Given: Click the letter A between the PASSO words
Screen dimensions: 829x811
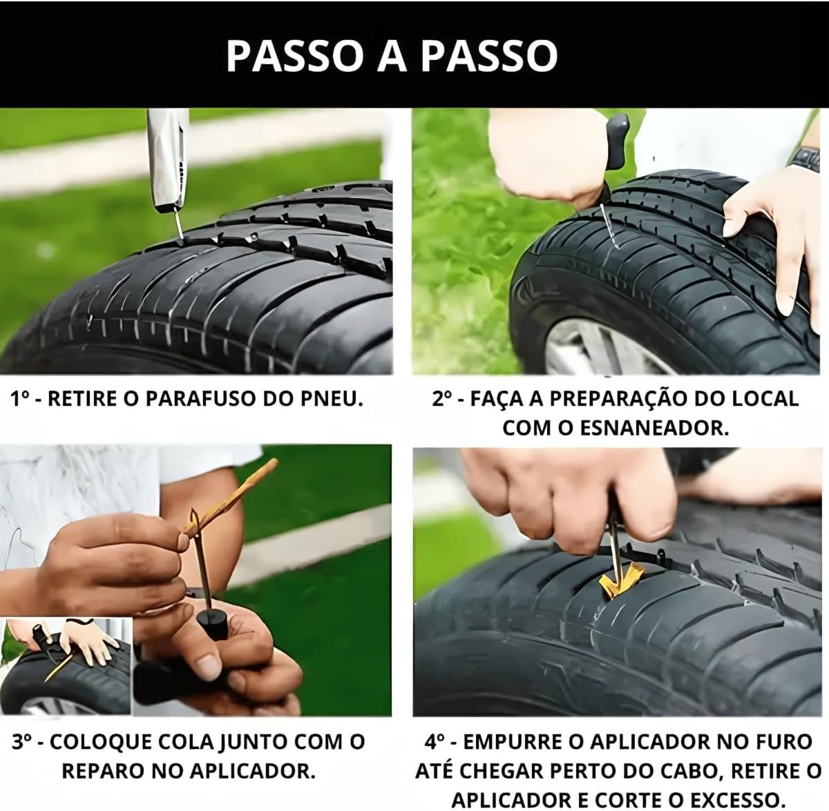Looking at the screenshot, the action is coord(392,57).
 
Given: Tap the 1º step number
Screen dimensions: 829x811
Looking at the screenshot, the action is coord(21,399).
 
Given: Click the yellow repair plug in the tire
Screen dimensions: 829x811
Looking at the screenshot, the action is coord(621,580).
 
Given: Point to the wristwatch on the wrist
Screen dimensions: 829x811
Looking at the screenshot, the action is coord(805,159).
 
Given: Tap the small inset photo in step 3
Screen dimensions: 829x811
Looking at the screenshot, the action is coord(66,666).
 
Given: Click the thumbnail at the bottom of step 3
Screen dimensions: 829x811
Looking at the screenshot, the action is coord(66,666).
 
